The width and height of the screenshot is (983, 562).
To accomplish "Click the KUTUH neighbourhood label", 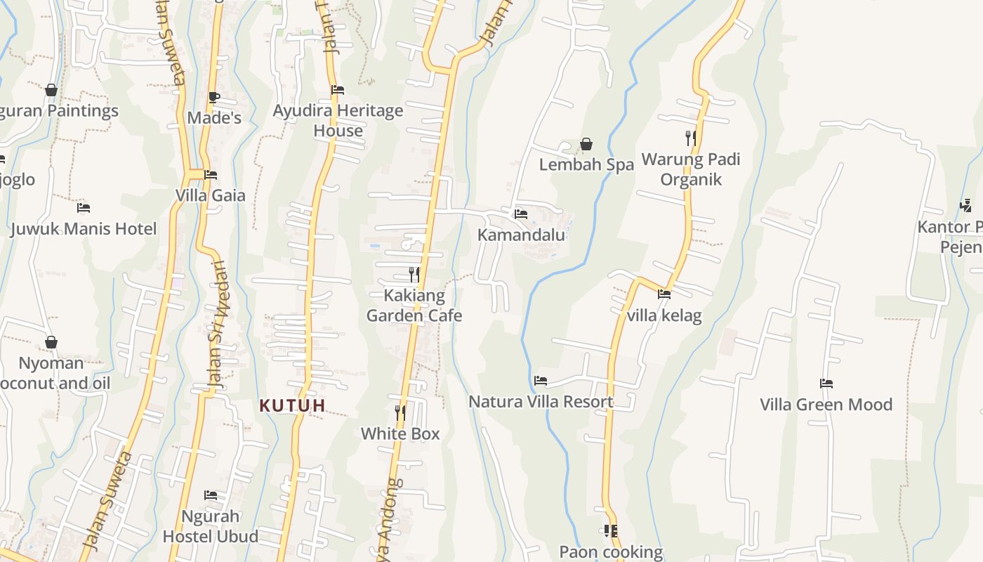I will tap(292, 405).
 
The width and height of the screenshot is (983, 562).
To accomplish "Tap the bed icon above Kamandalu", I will tap(521, 214).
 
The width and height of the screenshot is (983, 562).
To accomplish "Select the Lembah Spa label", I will tap(586, 164).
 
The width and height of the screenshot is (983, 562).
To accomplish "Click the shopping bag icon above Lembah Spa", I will tap(586, 145).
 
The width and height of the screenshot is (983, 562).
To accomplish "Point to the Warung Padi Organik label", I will tap(691, 169).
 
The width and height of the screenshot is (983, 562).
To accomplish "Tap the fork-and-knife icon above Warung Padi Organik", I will tap(691, 138).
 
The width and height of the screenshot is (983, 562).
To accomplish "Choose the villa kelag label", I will tap(664, 315).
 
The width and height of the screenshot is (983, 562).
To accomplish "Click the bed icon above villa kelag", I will tap(664, 294).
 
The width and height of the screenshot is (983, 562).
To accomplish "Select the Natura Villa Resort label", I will tap(541, 402).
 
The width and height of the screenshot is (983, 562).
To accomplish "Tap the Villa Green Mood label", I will tap(826, 405).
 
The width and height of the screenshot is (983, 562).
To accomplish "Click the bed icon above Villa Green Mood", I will tap(826, 384).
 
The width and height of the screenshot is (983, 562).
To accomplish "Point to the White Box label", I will tap(400, 434).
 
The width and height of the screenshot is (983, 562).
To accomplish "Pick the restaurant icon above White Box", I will tap(400, 412).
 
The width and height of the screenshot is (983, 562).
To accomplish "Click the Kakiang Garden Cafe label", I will tap(414, 306).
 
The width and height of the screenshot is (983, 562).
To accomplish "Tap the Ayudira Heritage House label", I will tap(338, 120).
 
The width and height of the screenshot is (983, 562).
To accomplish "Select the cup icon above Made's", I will tap(214, 97).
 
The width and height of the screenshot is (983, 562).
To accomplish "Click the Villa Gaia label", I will tap(211, 195).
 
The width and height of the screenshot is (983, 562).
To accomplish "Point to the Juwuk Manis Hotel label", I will tap(84, 229).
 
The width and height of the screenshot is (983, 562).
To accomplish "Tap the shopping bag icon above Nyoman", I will tap(51, 343).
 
